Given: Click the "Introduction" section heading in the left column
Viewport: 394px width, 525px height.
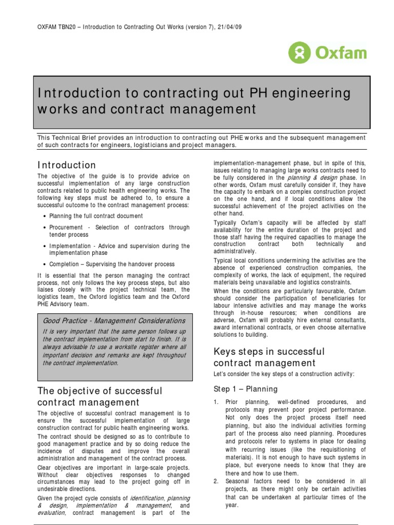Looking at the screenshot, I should [67, 165].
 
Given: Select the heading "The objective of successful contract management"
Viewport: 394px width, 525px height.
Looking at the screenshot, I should [100, 396].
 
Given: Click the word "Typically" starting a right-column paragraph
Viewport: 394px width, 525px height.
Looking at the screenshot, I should [227, 223].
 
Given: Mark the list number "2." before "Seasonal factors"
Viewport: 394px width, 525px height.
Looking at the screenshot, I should [216, 481].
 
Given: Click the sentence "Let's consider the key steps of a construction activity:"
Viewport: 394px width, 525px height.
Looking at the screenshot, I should [283, 374].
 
